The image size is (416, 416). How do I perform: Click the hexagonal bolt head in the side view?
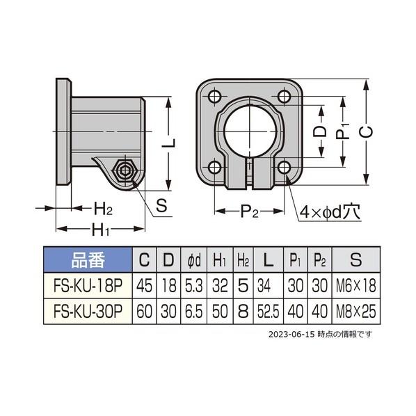point(124,171)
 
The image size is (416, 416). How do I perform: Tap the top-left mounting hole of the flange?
point(215,97)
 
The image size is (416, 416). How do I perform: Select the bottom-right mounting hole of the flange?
point(284,168)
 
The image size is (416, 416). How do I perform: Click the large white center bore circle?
point(250,131)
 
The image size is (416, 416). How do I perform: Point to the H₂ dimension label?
point(103,208)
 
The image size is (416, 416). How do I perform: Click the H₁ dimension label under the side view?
point(100,230)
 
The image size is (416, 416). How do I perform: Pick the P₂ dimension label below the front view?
point(249,211)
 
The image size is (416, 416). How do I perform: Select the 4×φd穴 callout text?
point(330,211)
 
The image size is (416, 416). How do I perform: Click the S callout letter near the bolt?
point(161,205)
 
